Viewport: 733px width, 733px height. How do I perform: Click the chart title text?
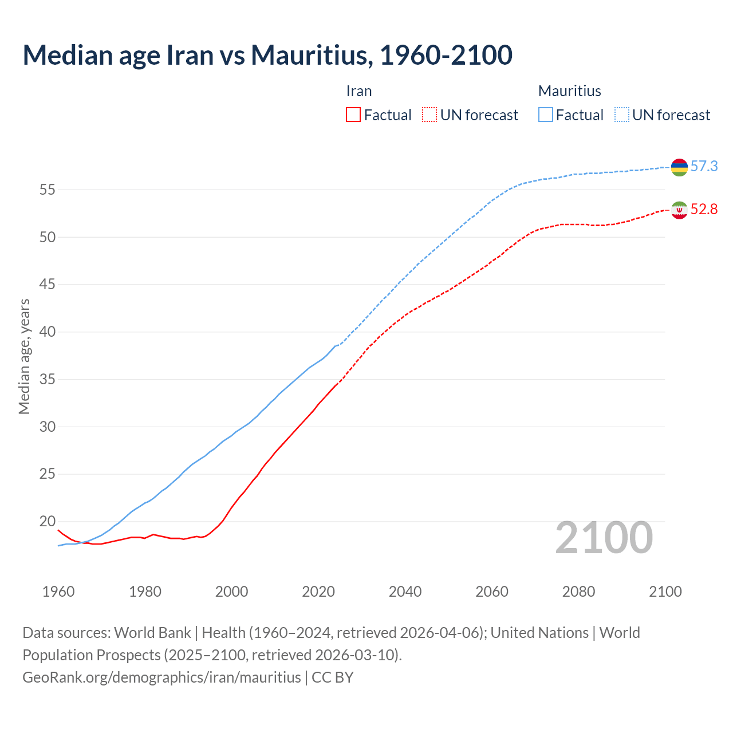pyautogui.click(x=267, y=55)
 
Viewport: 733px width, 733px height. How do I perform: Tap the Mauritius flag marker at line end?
pyautogui.click(x=679, y=167)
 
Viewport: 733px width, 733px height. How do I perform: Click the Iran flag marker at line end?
pyautogui.click(x=679, y=210)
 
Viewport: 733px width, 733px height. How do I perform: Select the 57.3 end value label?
pyautogui.click(x=704, y=167)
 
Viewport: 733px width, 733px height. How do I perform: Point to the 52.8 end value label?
pyautogui.click(x=704, y=210)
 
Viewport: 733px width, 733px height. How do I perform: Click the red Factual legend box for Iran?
pyautogui.click(x=353, y=115)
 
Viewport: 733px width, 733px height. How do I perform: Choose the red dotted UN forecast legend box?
pyautogui.click(x=429, y=115)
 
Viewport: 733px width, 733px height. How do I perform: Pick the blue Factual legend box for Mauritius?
pyautogui.click(x=546, y=115)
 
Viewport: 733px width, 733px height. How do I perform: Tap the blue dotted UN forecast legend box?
pyautogui.click(x=621, y=115)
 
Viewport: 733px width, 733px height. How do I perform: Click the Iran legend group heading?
pyautogui.click(x=359, y=91)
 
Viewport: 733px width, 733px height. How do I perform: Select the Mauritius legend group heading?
pyautogui.click(x=570, y=91)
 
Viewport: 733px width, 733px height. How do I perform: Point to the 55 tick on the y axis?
pyautogui.click(x=47, y=190)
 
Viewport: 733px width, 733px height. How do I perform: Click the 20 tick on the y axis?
pyautogui.click(x=47, y=521)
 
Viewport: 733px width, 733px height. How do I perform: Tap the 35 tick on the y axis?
pyautogui.click(x=47, y=379)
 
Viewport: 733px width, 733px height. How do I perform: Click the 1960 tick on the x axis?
pyautogui.click(x=58, y=592)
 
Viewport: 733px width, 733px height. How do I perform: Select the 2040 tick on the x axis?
pyautogui.click(x=405, y=592)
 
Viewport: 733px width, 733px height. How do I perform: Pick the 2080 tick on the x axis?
pyautogui.click(x=578, y=592)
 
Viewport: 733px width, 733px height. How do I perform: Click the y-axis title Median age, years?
pyautogui.click(x=24, y=356)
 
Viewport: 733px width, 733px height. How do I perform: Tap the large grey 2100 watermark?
pyautogui.click(x=604, y=538)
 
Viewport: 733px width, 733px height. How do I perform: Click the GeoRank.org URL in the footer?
pyautogui.click(x=161, y=677)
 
